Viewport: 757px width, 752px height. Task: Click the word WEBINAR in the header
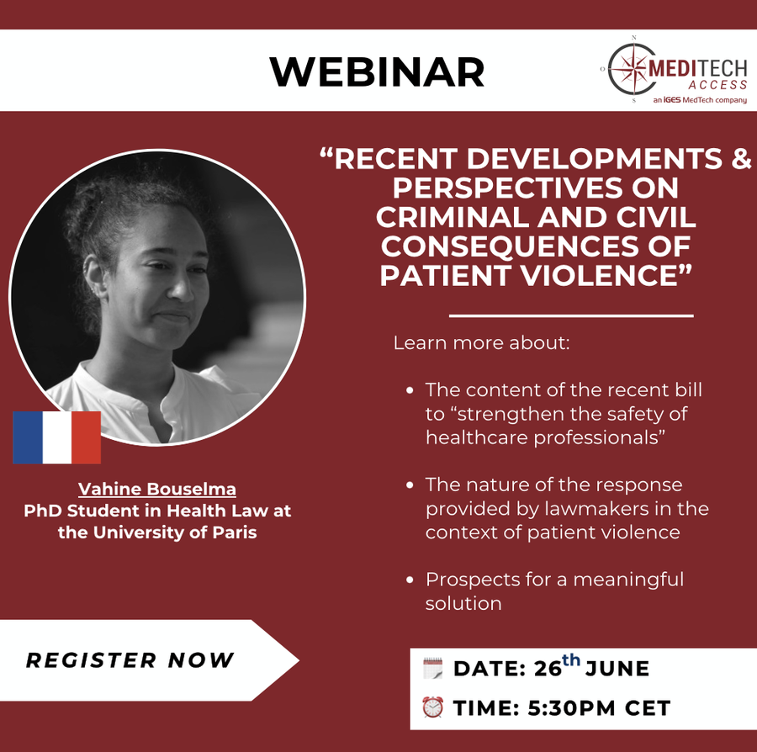pos(377,72)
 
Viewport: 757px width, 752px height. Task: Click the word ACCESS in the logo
pos(717,85)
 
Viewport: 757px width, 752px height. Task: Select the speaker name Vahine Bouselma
pos(157,489)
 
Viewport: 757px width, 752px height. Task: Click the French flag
pos(56,437)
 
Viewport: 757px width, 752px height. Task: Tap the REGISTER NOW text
pos(130,660)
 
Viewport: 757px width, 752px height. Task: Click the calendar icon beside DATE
pos(432,669)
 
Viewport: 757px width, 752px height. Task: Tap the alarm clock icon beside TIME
pos(432,707)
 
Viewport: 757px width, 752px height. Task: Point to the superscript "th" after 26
pos(571,660)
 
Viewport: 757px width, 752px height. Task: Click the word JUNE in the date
pos(617,670)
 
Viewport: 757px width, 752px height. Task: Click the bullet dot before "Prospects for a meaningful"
pos(410,580)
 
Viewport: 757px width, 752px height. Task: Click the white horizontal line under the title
pos(571,316)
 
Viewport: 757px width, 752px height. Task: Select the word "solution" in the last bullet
pos(463,603)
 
